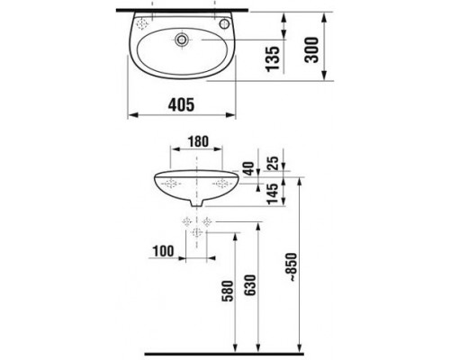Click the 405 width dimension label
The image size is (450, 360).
point(181,105)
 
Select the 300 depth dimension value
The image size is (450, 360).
point(311,49)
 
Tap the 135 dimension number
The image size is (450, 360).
point(273,59)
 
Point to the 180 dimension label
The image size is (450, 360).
point(198,141)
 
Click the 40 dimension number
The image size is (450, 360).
point(248,168)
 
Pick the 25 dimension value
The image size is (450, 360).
point(273,163)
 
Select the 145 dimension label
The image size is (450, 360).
point(273,193)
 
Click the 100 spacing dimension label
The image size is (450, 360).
point(164,251)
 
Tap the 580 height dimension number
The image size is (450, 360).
point(228,291)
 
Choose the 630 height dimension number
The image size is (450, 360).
point(250,285)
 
